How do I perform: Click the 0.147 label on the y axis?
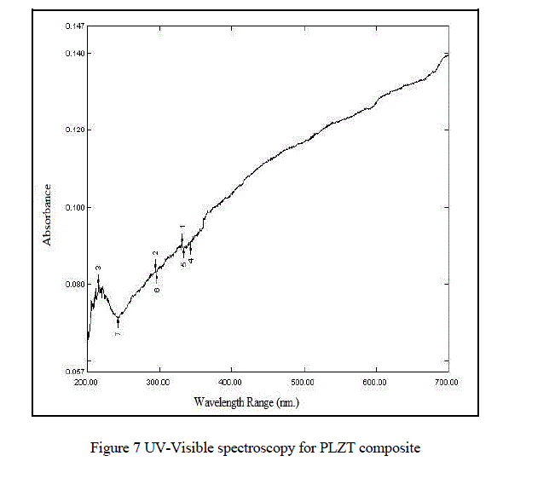73,26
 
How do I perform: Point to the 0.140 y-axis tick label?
73,54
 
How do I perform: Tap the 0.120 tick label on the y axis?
73,130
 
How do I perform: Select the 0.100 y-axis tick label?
73,207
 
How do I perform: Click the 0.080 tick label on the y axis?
73,285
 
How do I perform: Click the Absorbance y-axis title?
48,215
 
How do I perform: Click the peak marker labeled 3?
99,268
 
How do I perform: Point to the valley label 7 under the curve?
118,333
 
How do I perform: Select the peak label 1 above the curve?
182,228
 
